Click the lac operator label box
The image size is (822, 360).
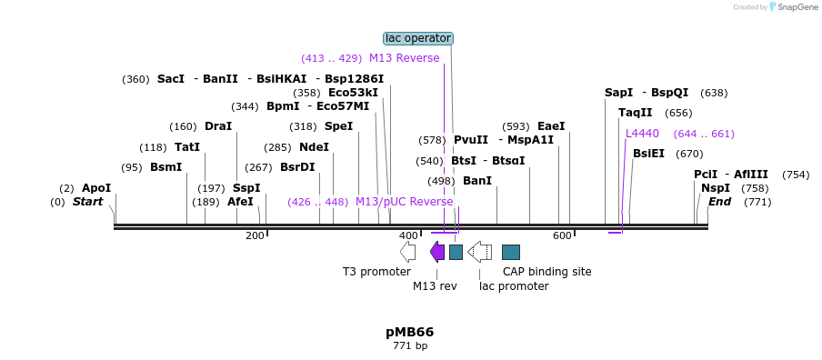[x=418, y=38]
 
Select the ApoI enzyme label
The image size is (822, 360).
[x=96, y=188]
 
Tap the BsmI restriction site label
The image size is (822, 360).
[x=165, y=167]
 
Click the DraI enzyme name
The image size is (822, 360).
[x=218, y=126]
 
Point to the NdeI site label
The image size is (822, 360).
[x=314, y=147]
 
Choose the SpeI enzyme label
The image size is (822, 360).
[x=338, y=126]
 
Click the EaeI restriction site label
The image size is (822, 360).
[x=551, y=126]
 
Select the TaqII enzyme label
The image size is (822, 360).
[x=635, y=113]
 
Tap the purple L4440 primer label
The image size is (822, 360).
[x=642, y=134]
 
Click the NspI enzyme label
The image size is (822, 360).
[x=716, y=188]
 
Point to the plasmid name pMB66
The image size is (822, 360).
[x=409, y=332]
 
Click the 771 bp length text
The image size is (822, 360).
[x=409, y=345]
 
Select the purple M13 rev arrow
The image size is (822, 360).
[x=437, y=252]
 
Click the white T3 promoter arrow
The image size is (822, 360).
[x=407, y=252]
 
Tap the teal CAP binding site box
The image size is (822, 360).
[x=511, y=252]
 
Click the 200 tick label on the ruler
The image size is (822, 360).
[x=255, y=235]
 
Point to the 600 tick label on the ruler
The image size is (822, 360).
[x=562, y=235]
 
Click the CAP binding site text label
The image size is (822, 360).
[x=546, y=271]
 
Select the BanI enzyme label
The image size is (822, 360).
[x=476, y=181]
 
